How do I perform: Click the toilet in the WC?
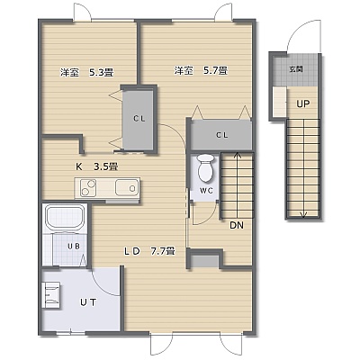point(206,168)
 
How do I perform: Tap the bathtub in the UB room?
point(65,219)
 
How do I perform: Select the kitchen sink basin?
point(127,188)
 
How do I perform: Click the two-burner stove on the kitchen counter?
point(88,188)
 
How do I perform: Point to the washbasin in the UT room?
point(51,295)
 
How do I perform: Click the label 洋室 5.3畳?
point(86,73)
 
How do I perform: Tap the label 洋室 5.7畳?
point(201,71)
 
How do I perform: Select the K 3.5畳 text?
point(96,166)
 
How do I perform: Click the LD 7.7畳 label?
point(149,251)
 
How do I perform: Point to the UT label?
point(88,302)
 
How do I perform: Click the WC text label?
point(206,191)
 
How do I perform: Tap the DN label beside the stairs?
point(237,225)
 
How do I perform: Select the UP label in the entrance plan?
point(303,104)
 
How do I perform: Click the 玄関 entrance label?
point(296,69)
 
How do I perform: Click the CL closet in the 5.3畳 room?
point(139,120)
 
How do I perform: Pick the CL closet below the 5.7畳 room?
point(221,135)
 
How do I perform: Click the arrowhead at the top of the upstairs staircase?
point(238,155)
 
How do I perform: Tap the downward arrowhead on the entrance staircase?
point(304,214)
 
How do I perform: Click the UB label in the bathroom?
point(74,247)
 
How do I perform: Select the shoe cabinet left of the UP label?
point(280,102)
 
